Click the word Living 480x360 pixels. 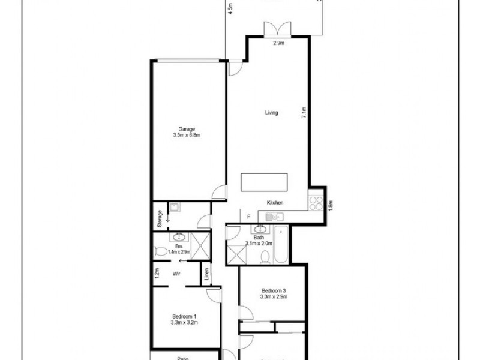[271, 112]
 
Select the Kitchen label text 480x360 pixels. [275, 203]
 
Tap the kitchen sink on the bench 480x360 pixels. [275, 216]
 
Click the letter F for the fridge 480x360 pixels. [248, 216]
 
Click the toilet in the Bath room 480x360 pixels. [265, 256]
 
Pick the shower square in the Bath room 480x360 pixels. [235, 255]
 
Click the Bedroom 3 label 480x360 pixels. [273, 293]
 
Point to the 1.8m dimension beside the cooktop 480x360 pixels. [330, 204]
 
